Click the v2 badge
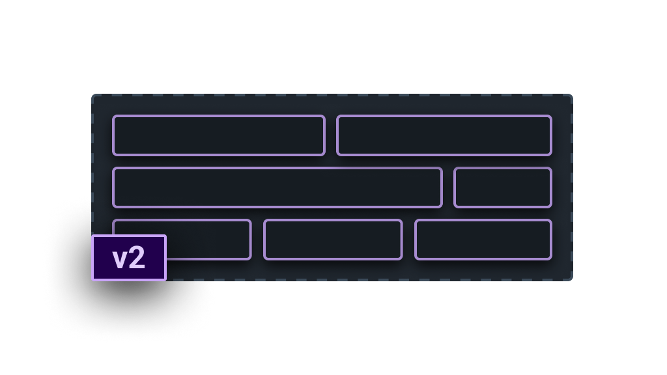click(129, 258)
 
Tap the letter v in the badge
click(120, 259)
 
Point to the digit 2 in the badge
click(137, 258)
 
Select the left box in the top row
click(219, 135)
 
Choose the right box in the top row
click(444, 135)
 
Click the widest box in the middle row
click(277, 187)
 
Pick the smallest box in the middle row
click(503, 187)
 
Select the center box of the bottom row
click(333, 240)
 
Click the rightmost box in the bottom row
click(483, 240)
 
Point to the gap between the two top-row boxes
click(331, 135)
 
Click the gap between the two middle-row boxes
click(448, 187)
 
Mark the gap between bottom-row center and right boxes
click(408, 240)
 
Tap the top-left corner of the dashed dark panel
click(95, 97)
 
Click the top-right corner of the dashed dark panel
click(569, 97)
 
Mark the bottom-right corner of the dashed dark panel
click(569, 279)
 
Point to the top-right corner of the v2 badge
click(165, 236)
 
